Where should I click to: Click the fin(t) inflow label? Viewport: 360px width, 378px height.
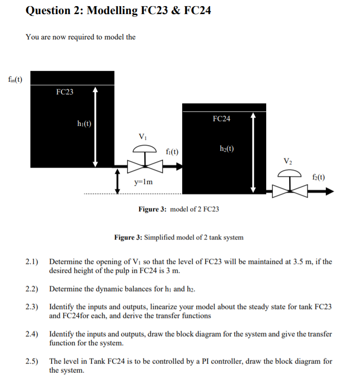14,78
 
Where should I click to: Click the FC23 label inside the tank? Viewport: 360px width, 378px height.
64,92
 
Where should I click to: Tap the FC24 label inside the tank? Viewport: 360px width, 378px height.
221,119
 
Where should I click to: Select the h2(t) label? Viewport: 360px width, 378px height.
227,149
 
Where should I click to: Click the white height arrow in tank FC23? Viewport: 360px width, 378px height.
95,126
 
